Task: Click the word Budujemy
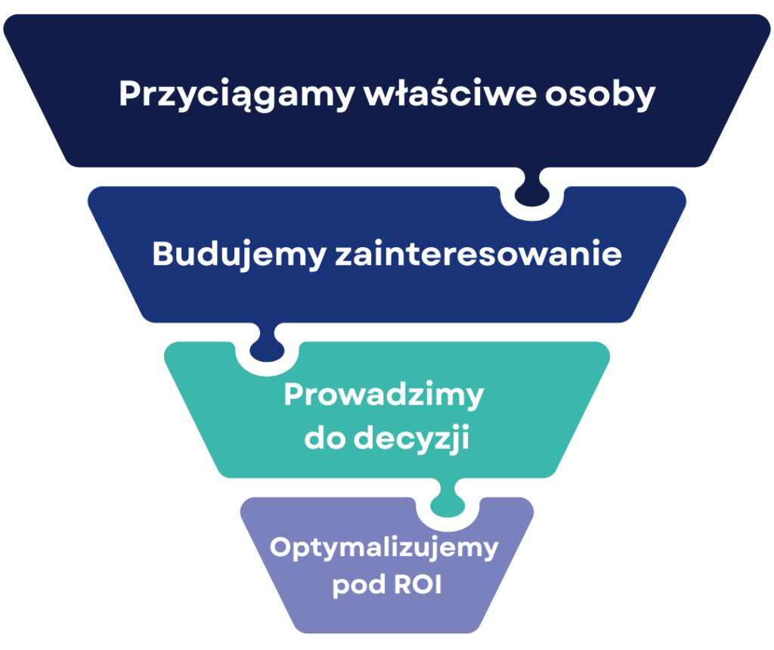237,255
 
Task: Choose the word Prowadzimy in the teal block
383,396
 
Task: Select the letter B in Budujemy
163,254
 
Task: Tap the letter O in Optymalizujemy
281,547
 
